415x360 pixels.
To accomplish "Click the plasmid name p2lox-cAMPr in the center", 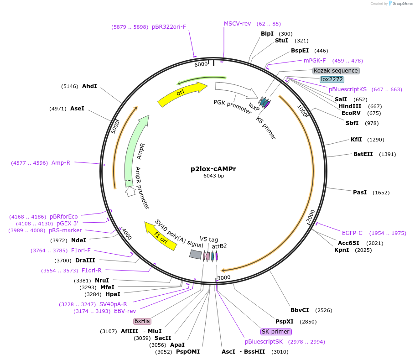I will tap(213, 169).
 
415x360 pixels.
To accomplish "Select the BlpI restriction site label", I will tap(267, 34).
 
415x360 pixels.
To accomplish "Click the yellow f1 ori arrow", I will tap(160, 235).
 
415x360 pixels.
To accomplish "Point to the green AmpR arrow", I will tap(135, 151).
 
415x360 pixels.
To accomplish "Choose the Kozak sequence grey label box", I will tap(336, 71).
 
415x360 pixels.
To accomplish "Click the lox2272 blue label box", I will tap(332, 79).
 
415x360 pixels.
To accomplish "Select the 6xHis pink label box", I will tap(142, 321).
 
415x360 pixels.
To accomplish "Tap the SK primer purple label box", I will tap(275, 332).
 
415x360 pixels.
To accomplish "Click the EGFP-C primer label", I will tap(352, 233).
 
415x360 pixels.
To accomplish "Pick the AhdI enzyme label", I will tap(89, 86).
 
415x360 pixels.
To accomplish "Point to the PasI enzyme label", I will tap(360, 193).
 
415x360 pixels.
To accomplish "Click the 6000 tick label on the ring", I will tap(201, 64).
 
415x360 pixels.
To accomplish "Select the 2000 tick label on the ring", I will tap(311, 217).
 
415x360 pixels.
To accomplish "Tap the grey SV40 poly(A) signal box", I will tap(196, 254).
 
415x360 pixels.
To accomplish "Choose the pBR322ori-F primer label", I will tap(169, 27).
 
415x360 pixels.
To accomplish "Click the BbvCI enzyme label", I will tap(300, 310).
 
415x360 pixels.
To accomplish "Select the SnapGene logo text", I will tap(403, 3).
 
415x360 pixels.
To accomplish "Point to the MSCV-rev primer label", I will tap(237, 24).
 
